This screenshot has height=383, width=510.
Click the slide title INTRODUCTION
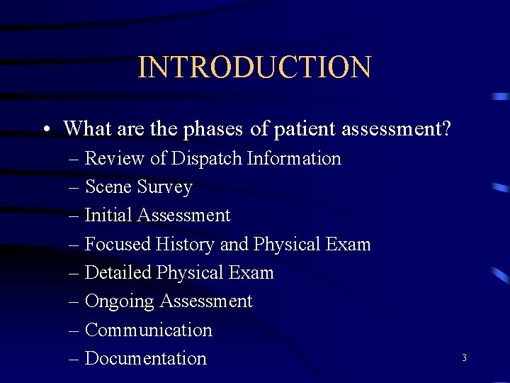[x=254, y=67]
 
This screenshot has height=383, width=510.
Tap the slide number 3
[x=464, y=358]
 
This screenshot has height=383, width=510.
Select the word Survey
[x=165, y=187]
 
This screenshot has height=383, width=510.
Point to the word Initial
[x=108, y=215]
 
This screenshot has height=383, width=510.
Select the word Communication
[x=148, y=330]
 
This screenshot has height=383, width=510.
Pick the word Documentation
[x=145, y=359]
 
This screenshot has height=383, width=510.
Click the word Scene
[x=107, y=187]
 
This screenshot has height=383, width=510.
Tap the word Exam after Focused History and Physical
[x=347, y=244]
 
